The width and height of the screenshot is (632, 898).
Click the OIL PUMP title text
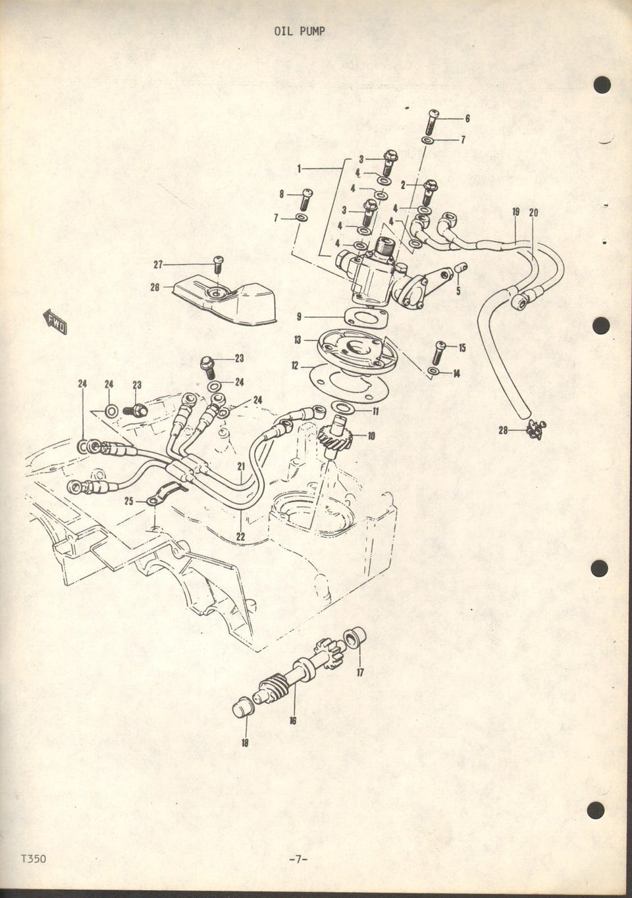(x=300, y=32)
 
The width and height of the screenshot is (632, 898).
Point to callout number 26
(x=155, y=287)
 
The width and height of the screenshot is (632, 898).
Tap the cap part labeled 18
(x=242, y=708)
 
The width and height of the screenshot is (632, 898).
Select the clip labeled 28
(x=535, y=430)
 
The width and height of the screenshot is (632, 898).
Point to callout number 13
(x=298, y=340)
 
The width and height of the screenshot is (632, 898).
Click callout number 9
(x=300, y=317)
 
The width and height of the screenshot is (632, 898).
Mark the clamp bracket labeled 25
(x=167, y=494)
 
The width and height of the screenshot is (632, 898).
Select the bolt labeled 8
(x=305, y=199)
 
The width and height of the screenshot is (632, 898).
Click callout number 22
(x=240, y=537)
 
